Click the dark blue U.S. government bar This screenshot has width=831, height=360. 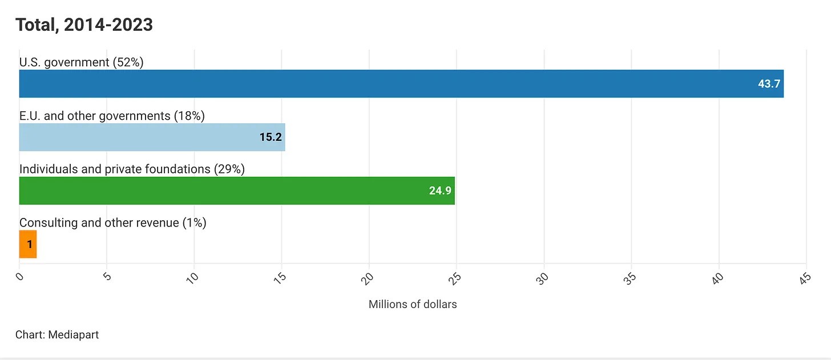pyautogui.click(x=401, y=83)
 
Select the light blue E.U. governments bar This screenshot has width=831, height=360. pyautogui.click(x=152, y=137)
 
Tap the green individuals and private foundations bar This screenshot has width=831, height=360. pyautogui.click(x=237, y=191)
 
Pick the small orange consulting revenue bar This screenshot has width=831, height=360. pyautogui.click(x=28, y=244)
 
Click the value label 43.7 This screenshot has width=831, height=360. pyautogui.click(x=769, y=84)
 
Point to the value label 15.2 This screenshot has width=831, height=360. pyautogui.click(x=271, y=137)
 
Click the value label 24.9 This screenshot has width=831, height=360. pyautogui.click(x=440, y=191)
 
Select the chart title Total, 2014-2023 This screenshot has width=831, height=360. pyautogui.click(x=84, y=25)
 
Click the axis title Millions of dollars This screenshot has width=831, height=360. pyautogui.click(x=413, y=305)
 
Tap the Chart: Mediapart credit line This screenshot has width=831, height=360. pyautogui.click(x=57, y=335)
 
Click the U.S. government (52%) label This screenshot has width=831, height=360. pyautogui.click(x=81, y=62)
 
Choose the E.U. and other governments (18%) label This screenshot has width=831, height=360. pyautogui.click(x=112, y=116)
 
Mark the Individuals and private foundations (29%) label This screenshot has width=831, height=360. pyautogui.click(x=132, y=169)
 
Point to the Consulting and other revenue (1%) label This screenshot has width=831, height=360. pyautogui.click(x=113, y=223)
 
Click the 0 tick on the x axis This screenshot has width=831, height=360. pyautogui.click(x=20, y=277)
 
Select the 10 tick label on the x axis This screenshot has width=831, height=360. pyautogui.click(x=192, y=278)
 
